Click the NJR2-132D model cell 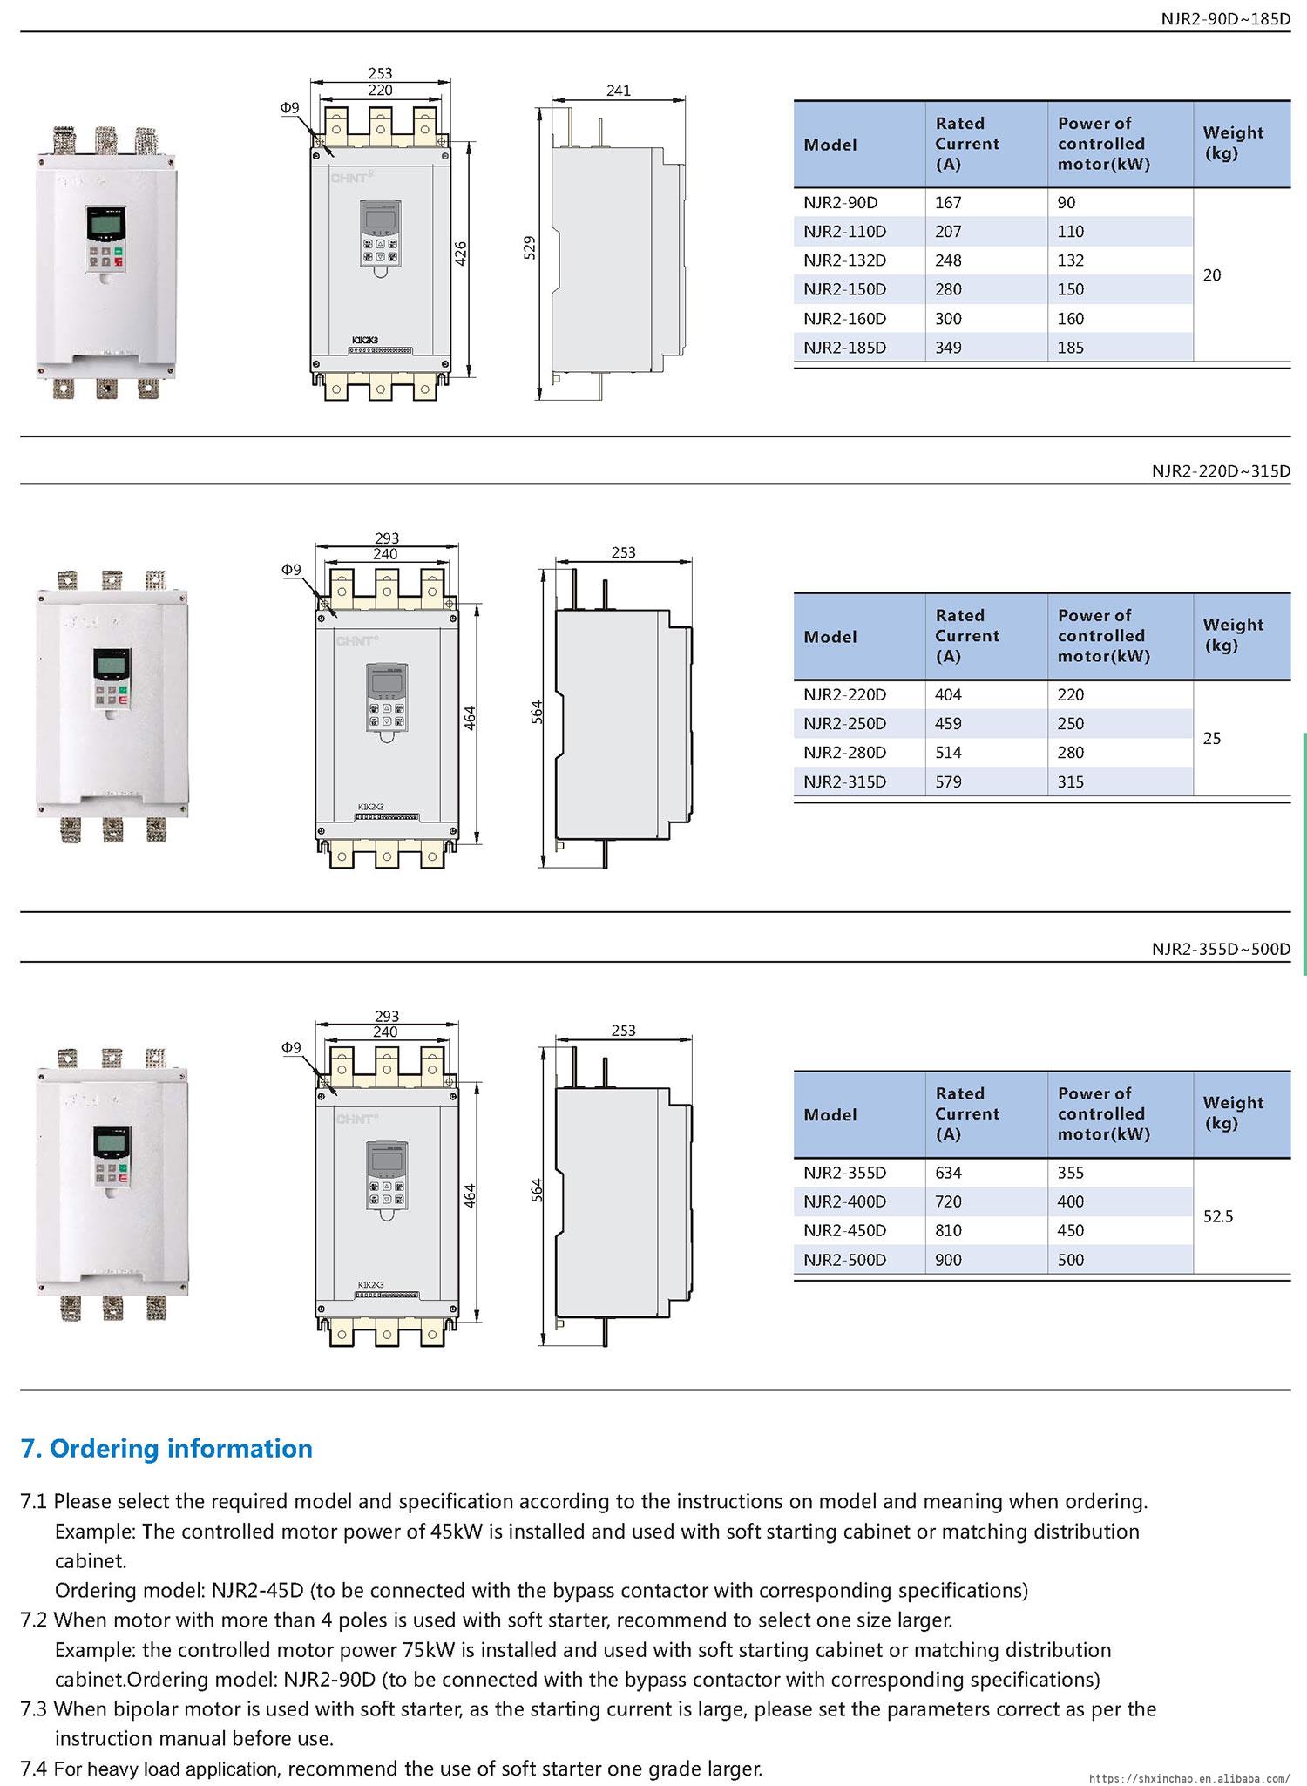(844, 260)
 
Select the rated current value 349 (948, 348)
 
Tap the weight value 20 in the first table (1212, 275)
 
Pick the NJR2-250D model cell (844, 724)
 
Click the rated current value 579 (948, 782)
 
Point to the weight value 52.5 (1218, 1216)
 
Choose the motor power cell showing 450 (1071, 1231)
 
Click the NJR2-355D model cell (844, 1173)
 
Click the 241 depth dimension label (618, 91)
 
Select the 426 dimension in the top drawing (462, 254)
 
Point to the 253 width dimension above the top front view (381, 74)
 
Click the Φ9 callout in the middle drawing (290, 570)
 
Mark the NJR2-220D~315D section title (1221, 471)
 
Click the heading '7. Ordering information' (166, 1449)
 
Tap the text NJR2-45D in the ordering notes (258, 1590)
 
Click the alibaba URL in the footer (1190, 1777)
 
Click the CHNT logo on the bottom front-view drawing (356, 1119)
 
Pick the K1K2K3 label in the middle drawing (370, 807)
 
